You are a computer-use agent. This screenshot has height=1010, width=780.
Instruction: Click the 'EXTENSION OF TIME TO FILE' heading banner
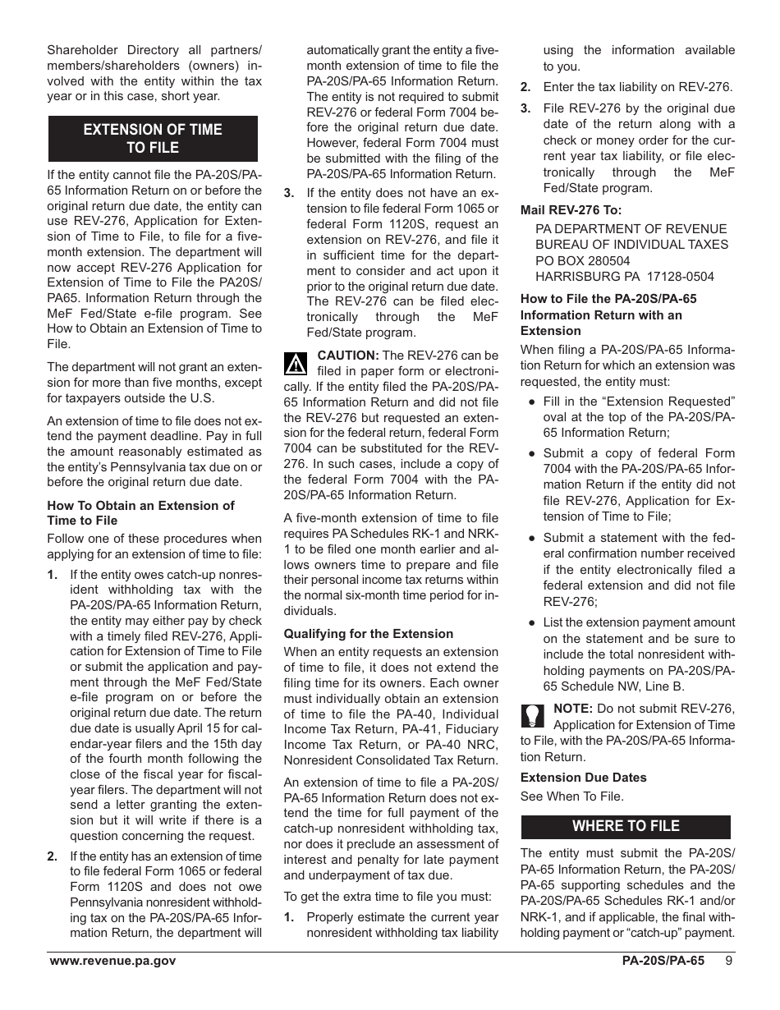[153, 139]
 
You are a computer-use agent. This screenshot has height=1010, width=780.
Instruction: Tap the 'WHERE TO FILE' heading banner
[626, 826]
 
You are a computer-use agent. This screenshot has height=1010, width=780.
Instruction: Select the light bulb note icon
[532, 716]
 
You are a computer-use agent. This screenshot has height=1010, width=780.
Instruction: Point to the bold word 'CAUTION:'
[348, 356]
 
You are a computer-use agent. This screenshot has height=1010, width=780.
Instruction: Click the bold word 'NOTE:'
[574, 709]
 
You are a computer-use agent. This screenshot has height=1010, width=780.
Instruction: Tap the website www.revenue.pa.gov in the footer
[112, 961]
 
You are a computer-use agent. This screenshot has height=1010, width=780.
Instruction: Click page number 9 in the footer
[729, 961]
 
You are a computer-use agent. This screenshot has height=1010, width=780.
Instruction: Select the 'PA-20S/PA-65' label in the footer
[663, 961]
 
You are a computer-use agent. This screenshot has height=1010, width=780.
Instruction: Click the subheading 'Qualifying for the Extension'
[368, 634]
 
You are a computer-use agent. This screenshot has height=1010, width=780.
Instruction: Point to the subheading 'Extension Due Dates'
[583, 778]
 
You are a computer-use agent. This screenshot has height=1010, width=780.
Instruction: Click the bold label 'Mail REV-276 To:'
[571, 210]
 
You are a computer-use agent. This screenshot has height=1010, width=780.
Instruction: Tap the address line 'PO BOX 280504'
[583, 260]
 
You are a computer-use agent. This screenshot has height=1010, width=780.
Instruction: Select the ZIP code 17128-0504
[676, 277]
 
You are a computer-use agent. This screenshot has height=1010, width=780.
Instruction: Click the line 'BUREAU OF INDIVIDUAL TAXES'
[631, 245]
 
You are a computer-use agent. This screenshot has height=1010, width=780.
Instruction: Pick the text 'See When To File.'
[571, 796]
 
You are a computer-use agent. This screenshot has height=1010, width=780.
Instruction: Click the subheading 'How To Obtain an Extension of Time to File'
[140, 513]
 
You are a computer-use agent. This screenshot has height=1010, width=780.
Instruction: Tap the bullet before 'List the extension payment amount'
[532, 623]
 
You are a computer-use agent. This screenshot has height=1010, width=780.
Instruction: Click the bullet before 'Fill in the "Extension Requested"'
[532, 402]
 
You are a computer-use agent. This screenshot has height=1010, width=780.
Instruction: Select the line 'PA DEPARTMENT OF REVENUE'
[631, 229]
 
